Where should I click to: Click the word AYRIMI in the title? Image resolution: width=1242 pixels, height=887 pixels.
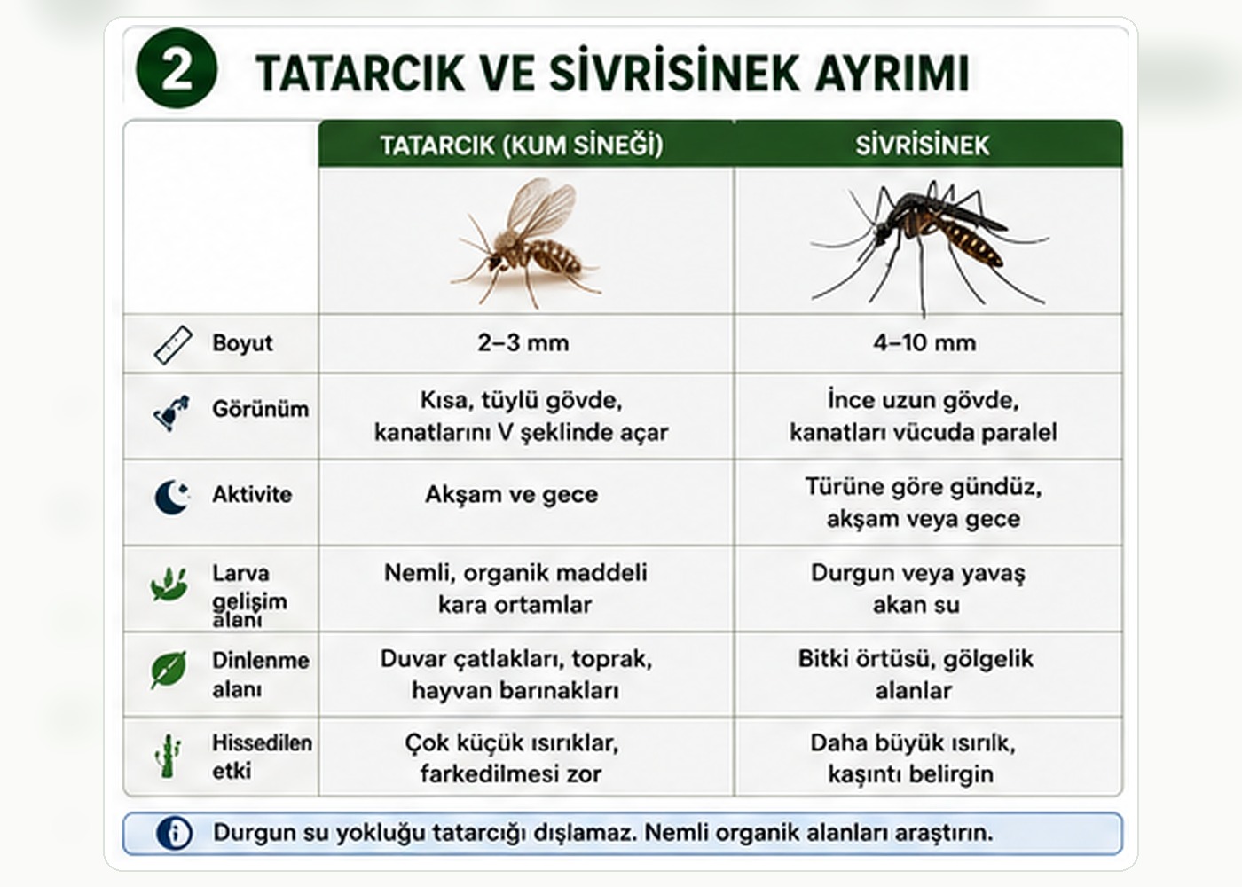pos(892,73)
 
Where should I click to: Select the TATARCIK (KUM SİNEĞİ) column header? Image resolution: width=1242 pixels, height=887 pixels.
pos(522,145)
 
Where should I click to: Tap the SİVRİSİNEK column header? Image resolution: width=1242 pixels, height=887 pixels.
pos(922,145)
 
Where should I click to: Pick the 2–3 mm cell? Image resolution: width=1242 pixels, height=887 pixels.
pos(523,343)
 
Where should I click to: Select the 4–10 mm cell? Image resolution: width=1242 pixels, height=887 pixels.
pos(924,343)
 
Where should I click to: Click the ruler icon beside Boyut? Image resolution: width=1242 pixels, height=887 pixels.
pos(173,345)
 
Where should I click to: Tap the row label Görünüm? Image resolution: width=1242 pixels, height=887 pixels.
pos(260,409)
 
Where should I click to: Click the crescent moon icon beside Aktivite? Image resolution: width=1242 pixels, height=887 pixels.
pos(172,496)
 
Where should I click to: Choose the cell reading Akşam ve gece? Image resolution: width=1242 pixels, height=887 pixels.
pos(512,494)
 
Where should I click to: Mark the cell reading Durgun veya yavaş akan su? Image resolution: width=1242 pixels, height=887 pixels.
pos(917,589)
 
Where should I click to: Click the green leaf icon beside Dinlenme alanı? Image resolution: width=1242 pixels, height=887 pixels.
pos(169,670)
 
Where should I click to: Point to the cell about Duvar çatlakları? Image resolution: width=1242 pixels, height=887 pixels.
pos(516,675)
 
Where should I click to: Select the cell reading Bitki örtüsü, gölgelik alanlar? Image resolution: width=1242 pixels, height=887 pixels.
pos(916,675)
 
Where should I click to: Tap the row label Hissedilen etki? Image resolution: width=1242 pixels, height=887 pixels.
pos(262,757)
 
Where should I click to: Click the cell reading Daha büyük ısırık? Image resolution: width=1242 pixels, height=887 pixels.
pos(912,758)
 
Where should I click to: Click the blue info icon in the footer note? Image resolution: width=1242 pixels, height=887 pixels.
pos(175,833)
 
